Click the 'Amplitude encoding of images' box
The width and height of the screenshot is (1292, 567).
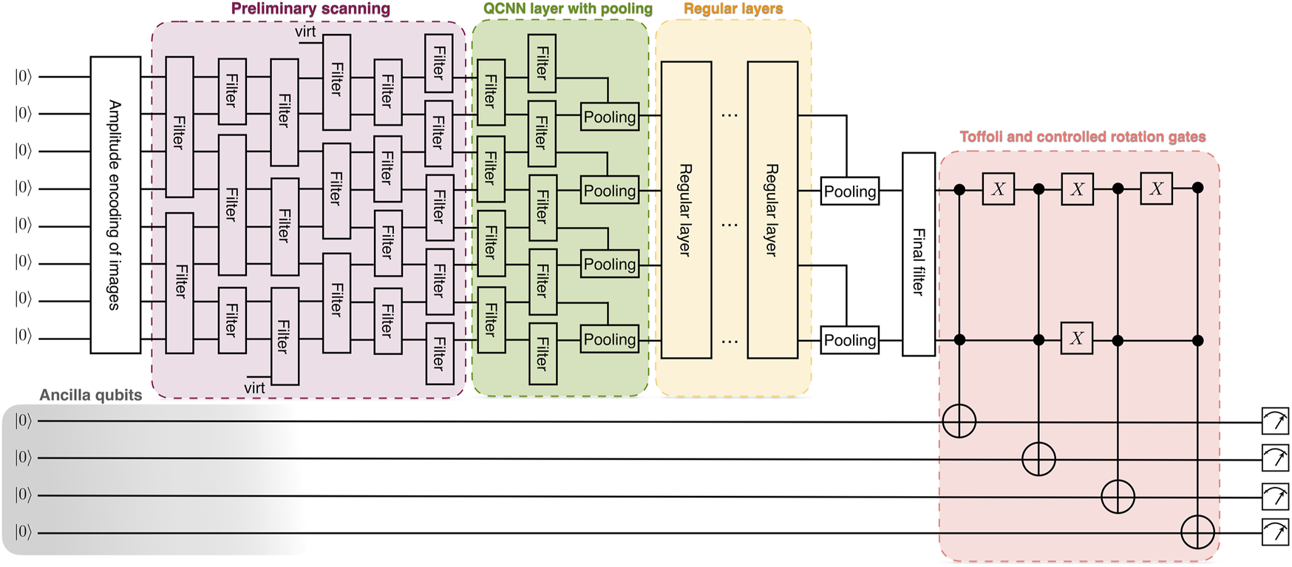115,205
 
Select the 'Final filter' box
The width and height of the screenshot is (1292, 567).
919,254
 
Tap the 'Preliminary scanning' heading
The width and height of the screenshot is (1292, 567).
310,9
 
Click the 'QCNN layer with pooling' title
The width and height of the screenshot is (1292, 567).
568,9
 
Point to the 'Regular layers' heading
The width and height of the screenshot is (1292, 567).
733,9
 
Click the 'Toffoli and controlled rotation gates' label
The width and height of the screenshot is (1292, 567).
1082,137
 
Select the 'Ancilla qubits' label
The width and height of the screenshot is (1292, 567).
90,395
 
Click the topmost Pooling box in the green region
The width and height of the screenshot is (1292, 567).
610,117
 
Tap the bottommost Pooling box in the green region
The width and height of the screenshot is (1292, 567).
610,339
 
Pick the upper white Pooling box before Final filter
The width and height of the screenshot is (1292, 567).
850,191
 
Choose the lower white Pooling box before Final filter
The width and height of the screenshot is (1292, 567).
850,340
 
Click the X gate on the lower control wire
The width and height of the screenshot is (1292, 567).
1077,339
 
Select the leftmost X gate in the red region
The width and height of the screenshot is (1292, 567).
998,189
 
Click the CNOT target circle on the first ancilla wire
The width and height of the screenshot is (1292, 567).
959,421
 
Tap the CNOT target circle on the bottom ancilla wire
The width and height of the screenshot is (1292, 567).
1197,532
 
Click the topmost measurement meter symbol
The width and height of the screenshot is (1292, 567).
1275,421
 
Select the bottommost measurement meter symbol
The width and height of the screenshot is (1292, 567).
1275,532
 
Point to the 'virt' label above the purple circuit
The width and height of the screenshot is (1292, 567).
305,32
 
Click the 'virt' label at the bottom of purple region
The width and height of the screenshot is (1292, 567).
254,388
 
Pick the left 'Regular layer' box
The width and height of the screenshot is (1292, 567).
686,210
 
